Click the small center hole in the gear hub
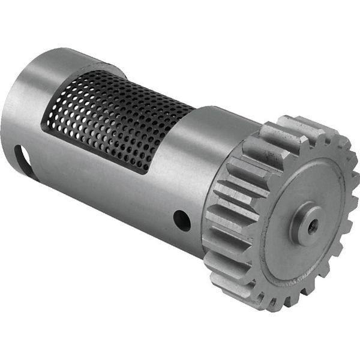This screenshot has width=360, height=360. pyautogui.click(x=311, y=227)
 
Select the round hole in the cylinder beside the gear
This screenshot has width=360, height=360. pyautogui.click(x=182, y=220)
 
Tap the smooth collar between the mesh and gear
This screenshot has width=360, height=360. pyautogui.click(x=210, y=156)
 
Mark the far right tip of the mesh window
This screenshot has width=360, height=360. pyautogui.click(x=193, y=109)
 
